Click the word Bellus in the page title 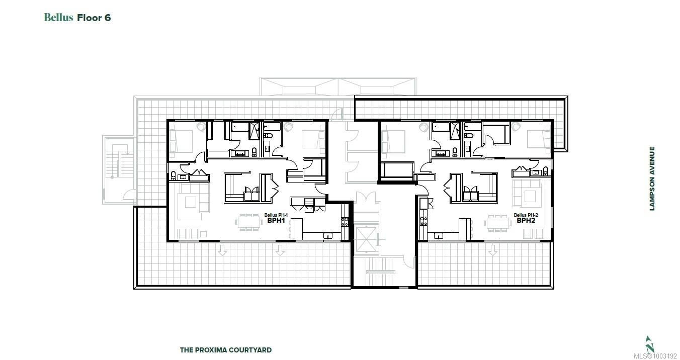58,17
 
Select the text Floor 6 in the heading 94,18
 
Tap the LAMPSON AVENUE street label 652,178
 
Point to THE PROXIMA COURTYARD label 225,350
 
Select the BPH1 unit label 276,220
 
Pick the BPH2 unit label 526,220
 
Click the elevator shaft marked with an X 366,239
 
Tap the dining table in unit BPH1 249,222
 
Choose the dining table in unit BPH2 497,223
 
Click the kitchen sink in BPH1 327,235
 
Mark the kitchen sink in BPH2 439,235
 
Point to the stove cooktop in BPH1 345,222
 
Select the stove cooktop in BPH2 423,221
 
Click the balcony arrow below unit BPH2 492,250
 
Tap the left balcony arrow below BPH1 222,250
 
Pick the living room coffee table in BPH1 191,202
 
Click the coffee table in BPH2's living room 530,196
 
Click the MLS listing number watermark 657,356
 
